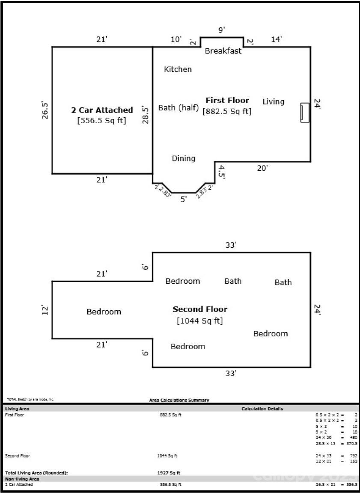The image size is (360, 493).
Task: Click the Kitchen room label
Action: pos(178,69)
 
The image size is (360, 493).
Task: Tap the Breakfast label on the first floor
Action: pos(223,51)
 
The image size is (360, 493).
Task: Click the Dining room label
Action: pos(183,158)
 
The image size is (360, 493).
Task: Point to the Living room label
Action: pos(273,101)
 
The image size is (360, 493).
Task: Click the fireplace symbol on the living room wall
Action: pos(305,113)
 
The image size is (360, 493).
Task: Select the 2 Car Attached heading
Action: pos(102,110)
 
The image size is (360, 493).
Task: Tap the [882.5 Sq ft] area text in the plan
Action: pos(227,111)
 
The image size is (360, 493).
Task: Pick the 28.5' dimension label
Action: pos(146,115)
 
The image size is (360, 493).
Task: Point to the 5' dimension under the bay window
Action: pos(184,199)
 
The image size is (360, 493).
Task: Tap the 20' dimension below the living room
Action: pos(262,168)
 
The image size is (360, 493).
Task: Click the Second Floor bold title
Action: pos(200,309)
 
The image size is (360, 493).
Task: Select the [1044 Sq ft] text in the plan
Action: pos(200,321)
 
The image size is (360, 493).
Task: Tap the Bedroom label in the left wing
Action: pos(104,312)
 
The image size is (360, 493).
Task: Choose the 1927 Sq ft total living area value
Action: pos(169,473)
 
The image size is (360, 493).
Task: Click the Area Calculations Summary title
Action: pos(179,400)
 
